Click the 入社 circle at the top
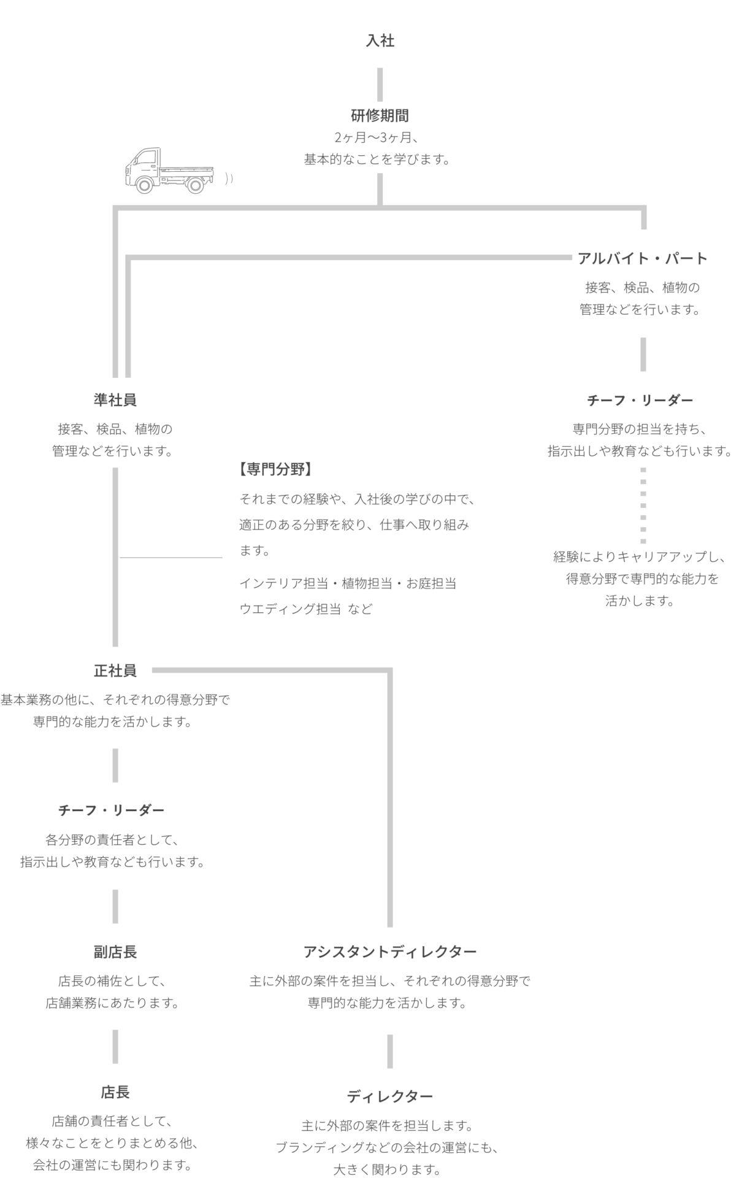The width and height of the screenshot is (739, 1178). click(x=380, y=40)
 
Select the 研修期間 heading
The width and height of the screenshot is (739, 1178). click(x=380, y=115)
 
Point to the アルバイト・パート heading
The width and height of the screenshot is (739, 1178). click(x=643, y=258)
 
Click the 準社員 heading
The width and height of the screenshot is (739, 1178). click(x=115, y=401)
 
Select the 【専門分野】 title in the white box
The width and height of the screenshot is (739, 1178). click(x=274, y=470)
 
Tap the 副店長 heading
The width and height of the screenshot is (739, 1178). click(x=115, y=952)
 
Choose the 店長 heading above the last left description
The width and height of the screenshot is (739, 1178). click(x=115, y=1093)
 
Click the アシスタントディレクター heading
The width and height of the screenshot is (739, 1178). click(x=390, y=952)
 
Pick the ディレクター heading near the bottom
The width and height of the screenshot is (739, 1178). click(x=390, y=1096)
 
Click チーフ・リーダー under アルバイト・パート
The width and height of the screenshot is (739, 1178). click(x=640, y=401)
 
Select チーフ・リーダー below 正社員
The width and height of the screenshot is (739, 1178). click(x=112, y=810)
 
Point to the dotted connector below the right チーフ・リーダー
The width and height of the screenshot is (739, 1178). click(x=643, y=506)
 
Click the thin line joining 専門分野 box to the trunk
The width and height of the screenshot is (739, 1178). click(x=170, y=558)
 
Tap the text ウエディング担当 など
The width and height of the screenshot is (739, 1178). click(x=306, y=609)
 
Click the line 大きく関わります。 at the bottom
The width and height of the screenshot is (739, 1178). click(x=388, y=1169)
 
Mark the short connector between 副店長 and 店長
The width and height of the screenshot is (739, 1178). click(x=115, y=1047)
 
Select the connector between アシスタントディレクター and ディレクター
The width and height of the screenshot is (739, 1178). click(x=390, y=1052)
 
